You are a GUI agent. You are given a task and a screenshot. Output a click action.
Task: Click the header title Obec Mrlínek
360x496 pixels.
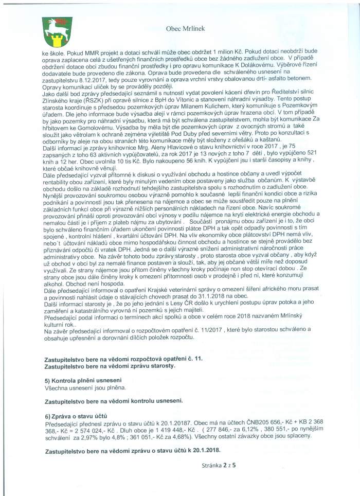(x=185, y=29)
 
